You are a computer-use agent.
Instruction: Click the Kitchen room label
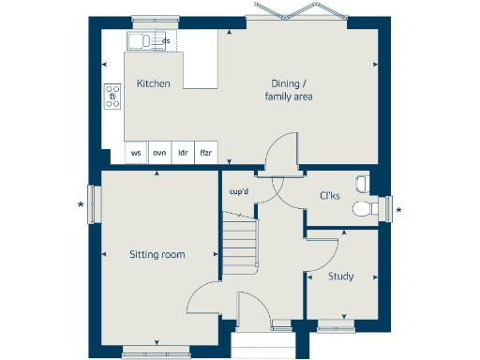click(x=153, y=83)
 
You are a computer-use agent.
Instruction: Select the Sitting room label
click(x=157, y=254)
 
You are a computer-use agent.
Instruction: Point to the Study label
click(x=340, y=277)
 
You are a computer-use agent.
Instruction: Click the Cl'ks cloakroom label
click(x=330, y=197)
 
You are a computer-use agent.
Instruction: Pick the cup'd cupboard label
click(x=239, y=192)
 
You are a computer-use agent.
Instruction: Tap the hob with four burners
click(x=112, y=94)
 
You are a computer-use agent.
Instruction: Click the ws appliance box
click(x=136, y=152)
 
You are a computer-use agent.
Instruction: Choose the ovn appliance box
click(x=159, y=152)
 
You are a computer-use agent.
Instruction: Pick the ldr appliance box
click(x=183, y=152)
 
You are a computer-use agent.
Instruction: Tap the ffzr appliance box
click(x=205, y=152)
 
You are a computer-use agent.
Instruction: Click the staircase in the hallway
click(x=239, y=242)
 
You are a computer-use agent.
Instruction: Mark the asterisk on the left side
click(x=82, y=205)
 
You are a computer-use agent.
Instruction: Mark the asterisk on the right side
click(x=399, y=209)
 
